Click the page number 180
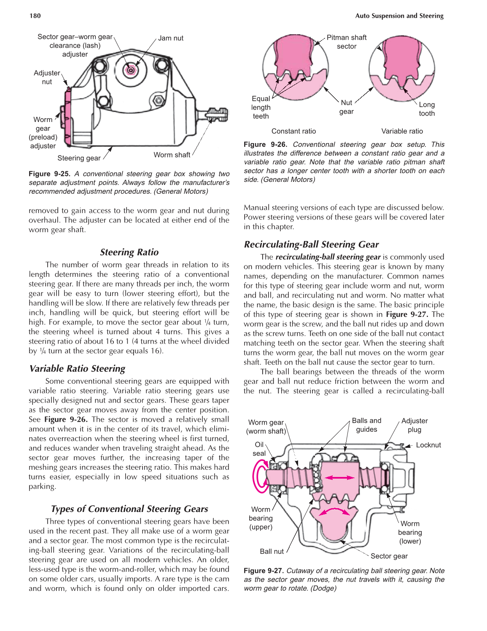coord(35,16)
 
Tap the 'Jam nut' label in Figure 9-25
coord(171,38)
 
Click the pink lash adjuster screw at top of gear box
coord(131,70)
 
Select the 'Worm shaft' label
coord(172,155)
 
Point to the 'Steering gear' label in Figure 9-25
coord(79,158)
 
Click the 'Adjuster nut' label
coord(47,77)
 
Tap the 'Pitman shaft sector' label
coord(347,42)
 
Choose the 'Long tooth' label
coord(427,109)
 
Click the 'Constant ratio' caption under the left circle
coord(293,131)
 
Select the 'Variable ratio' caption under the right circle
coord(402,131)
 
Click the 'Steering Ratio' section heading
coord(129,252)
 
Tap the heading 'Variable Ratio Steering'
coord(77,368)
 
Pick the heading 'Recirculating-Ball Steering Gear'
coord(311,244)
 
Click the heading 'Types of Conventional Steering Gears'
coord(129,509)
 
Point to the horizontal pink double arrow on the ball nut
coord(339,477)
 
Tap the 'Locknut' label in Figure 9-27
coord(428,445)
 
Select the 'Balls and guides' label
coord(366,425)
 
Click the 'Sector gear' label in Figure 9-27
coord(389,556)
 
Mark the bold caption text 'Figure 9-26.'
coord(266,144)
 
